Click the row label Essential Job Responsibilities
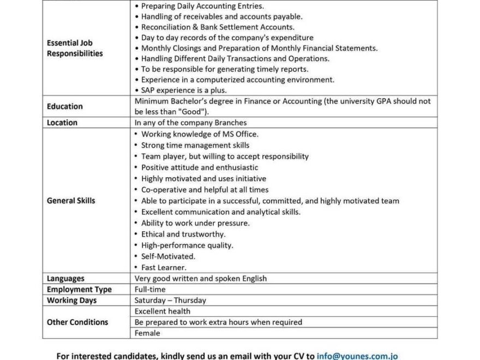[x=75, y=48]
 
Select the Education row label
[x=65, y=106]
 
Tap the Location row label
[x=62, y=123]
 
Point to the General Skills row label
[x=71, y=201]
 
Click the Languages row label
[x=65, y=279]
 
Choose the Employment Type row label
[x=79, y=290]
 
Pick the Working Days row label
[x=71, y=301]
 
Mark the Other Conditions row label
[x=77, y=322]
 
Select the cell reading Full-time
[x=150, y=290]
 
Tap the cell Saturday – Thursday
[x=170, y=301]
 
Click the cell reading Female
[x=147, y=333]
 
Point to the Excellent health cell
[x=163, y=311]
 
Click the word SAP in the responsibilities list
[x=149, y=91]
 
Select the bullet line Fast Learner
[x=164, y=267]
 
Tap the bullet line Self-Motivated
[x=168, y=256]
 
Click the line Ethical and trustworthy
[x=183, y=234]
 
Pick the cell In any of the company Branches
[x=190, y=123]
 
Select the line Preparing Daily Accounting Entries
[x=202, y=6]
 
